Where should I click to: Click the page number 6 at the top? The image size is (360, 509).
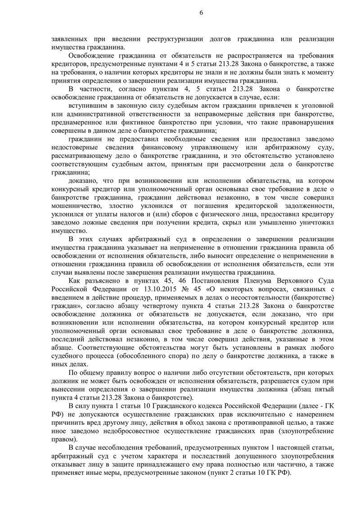tap(201, 13)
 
